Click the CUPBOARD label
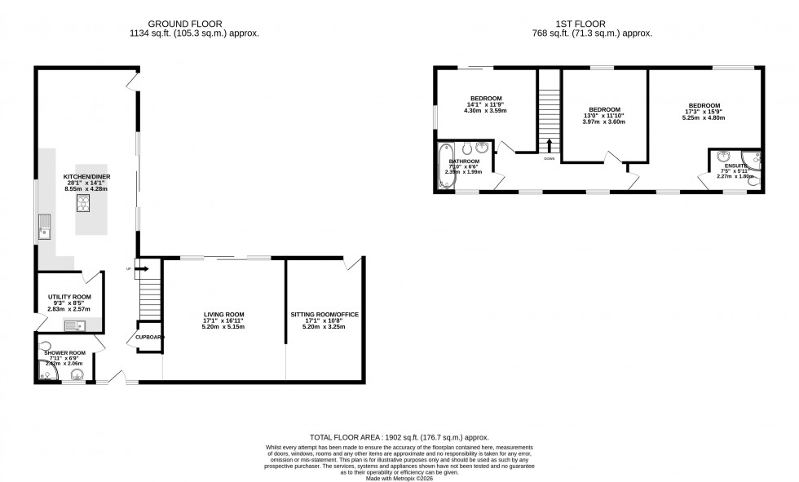click(149, 337)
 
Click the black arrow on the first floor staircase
click(549, 145)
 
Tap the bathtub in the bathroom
click(445, 168)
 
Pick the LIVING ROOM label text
click(223, 314)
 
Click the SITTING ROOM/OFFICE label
click(324, 314)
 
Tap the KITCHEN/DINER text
click(86, 176)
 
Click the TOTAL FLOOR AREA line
click(399, 438)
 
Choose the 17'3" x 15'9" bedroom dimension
click(703, 112)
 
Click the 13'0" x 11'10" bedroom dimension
click(604, 116)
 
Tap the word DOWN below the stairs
click(549, 160)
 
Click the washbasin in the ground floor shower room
click(78, 375)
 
